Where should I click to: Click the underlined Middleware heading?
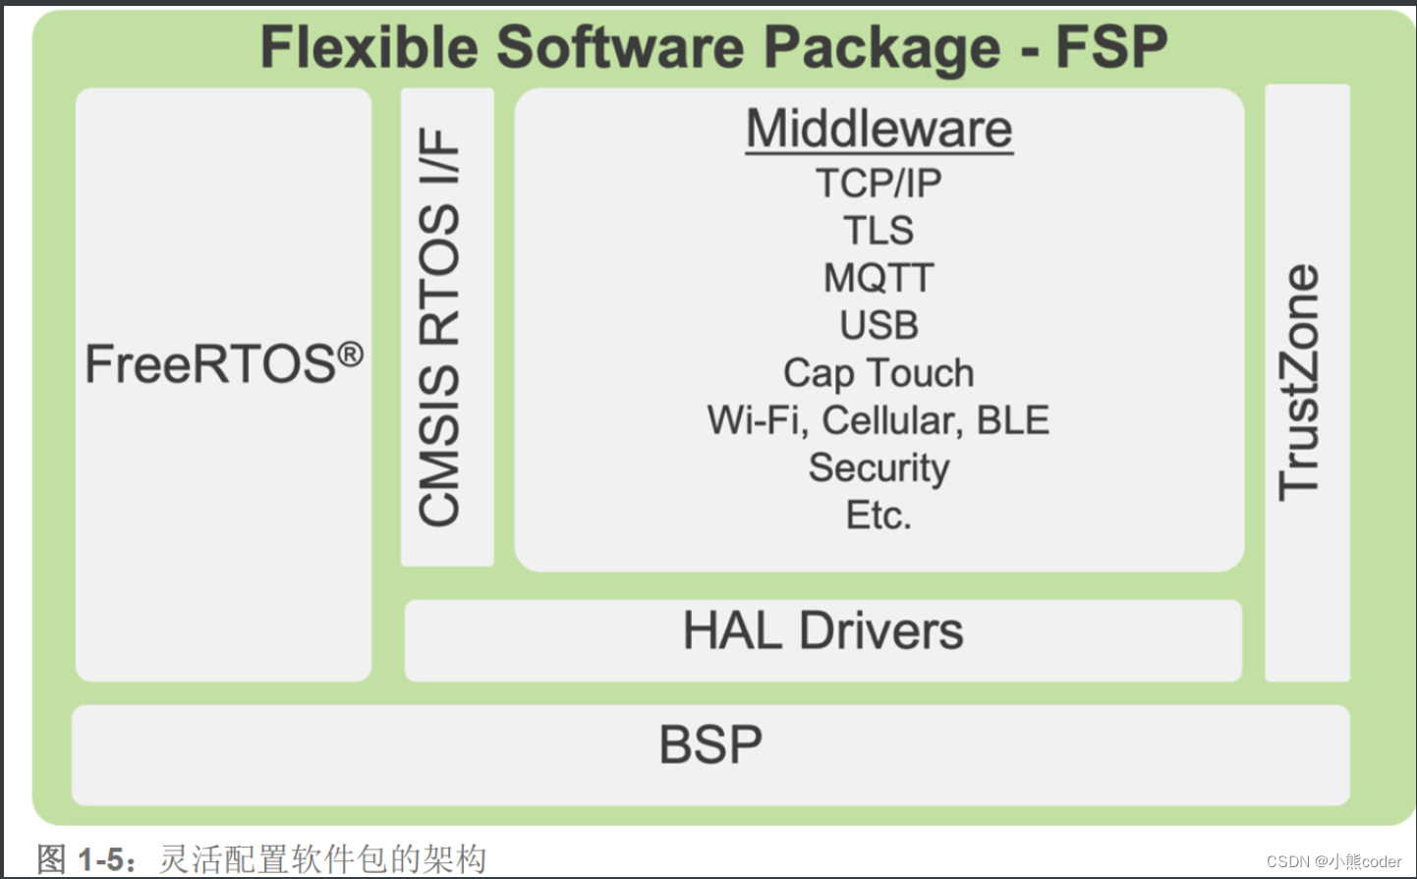(879, 130)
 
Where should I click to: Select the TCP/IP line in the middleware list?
(879, 183)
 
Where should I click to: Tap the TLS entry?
(879, 231)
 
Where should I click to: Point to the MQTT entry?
(879, 278)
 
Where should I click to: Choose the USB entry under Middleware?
(879, 325)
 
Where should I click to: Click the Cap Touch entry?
(879, 373)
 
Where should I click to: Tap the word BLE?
(1013, 420)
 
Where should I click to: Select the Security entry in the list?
(879, 468)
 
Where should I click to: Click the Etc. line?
(879, 516)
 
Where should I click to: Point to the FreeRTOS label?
(211, 364)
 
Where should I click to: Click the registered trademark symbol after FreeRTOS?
(351, 355)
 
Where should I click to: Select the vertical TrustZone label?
(1299, 383)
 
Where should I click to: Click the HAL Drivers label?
(823, 631)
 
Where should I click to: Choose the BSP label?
(710, 745)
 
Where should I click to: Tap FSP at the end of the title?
(1111, 47)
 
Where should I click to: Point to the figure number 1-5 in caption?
(101, 860)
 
